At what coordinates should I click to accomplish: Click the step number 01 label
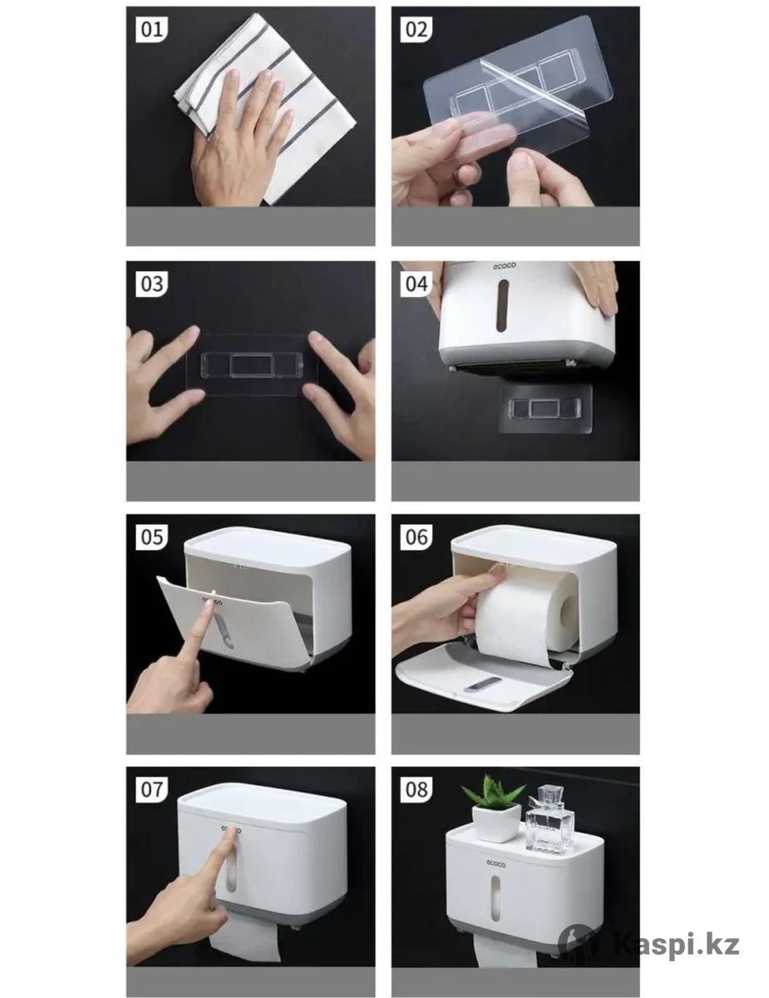tap(152, 29)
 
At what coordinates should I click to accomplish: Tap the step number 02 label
tap(417, 29)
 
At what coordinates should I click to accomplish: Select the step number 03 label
tap(152, 284)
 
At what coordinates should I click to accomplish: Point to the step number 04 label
tap(417, 284)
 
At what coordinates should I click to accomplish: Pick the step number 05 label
tap(152, 536)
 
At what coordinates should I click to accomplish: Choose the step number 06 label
tap(417, 536)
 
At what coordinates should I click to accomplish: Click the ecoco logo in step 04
tap(504, 265)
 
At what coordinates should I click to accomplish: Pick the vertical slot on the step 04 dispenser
tap(504, 305)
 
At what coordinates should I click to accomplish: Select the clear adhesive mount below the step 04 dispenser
tap(545, 408)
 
